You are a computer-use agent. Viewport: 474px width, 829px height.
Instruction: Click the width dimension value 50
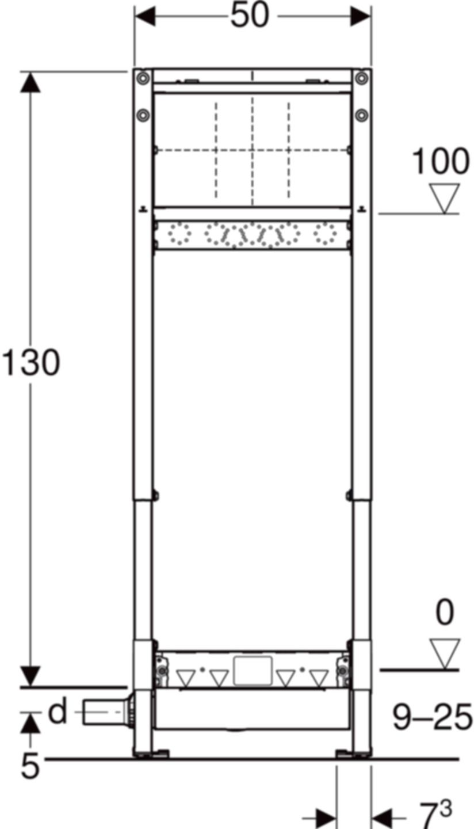pyautogui.click(x=250, y=16)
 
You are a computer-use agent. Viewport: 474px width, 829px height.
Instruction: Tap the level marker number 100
pyautogui.click(x=440, y=162)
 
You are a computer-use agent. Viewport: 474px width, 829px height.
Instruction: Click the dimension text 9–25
pyautogui.click(x=432, y=717)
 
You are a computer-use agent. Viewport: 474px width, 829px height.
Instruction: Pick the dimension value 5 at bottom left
pyautogui.click(x=31, y=766)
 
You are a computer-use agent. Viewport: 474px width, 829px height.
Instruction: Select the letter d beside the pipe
pyautogui.click(x=58, y=712)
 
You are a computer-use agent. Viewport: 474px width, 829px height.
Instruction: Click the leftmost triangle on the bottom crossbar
pyautogui.click(x=186, y=678)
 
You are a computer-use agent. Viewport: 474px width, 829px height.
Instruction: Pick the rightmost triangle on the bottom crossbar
pyautogui.click(x=319, y=678)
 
